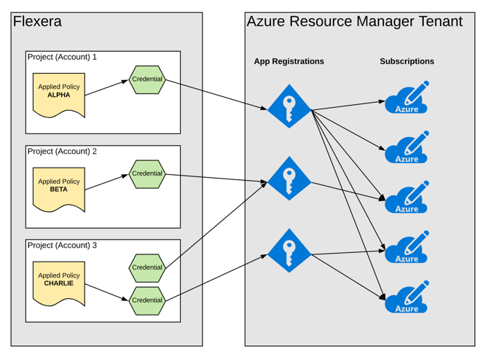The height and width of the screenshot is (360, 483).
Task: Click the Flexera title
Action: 37,22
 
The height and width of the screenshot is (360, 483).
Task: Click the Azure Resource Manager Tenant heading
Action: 354,22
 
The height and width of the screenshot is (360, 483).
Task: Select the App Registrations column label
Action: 288,61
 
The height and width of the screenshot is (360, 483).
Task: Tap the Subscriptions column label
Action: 407,61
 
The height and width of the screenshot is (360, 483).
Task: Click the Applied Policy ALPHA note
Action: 59,93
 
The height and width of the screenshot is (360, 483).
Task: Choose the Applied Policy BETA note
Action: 59,187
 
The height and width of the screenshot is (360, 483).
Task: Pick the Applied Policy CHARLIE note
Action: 59,281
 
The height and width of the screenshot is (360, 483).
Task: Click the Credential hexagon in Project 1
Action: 147,79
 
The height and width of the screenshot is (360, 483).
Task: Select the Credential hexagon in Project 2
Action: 147,173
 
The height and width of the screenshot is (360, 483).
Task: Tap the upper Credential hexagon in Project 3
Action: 147,267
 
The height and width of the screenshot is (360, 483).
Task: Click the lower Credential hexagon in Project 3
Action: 147,300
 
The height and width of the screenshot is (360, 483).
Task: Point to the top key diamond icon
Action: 289,106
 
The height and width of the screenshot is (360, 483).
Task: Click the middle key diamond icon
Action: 289,179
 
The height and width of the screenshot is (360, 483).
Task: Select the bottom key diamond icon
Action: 289,251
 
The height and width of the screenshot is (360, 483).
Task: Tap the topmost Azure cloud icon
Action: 407,100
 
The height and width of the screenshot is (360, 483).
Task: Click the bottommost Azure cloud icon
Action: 407,299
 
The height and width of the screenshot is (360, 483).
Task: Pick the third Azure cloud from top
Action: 407,199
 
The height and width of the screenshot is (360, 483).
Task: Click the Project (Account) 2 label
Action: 62,152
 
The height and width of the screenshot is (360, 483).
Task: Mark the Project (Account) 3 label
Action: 62,246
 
